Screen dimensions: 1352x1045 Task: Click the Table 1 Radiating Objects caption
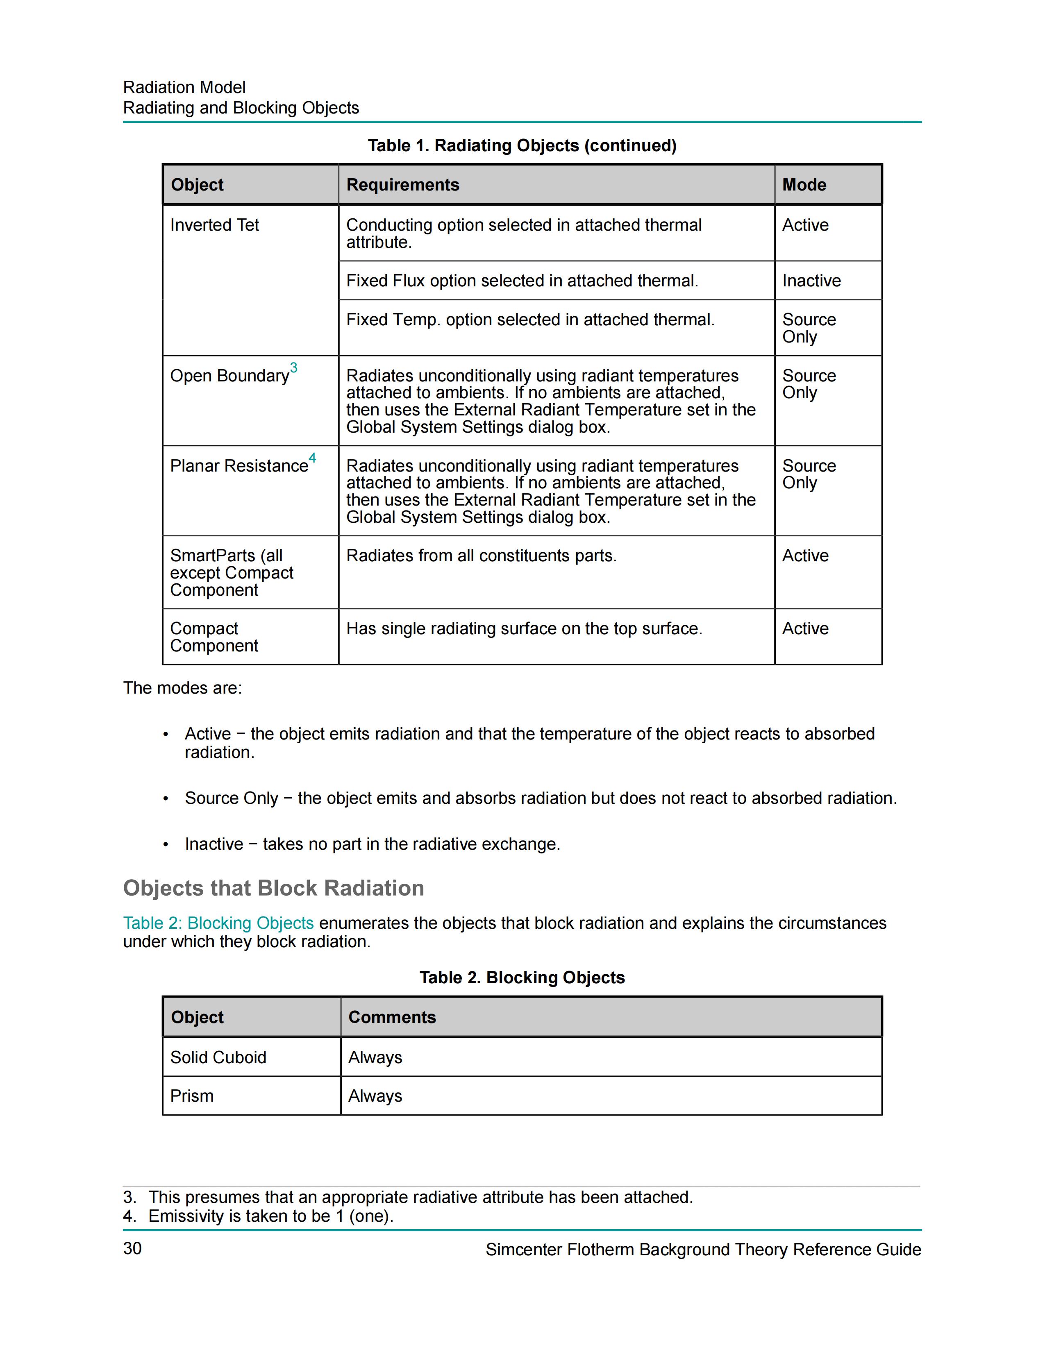point(522,145)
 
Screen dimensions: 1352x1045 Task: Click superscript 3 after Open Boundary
point(293,368)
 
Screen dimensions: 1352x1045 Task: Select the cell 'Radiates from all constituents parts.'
point(481,556)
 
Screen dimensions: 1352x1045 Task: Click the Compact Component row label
point(214,637)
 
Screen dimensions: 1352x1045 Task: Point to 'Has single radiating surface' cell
point(524,628)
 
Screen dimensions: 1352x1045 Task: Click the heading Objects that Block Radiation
point(274,888)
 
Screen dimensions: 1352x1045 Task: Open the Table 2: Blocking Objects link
point(218,923)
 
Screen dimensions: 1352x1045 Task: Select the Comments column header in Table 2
point(392,1017)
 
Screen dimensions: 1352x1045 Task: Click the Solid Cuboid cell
point(218,1057)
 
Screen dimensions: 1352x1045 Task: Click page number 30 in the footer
point(132,1249)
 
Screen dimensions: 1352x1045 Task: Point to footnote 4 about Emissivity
point(258,1216)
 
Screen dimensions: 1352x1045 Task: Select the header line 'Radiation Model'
point(184,87)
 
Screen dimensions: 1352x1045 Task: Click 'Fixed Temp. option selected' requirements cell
point(530,320)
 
